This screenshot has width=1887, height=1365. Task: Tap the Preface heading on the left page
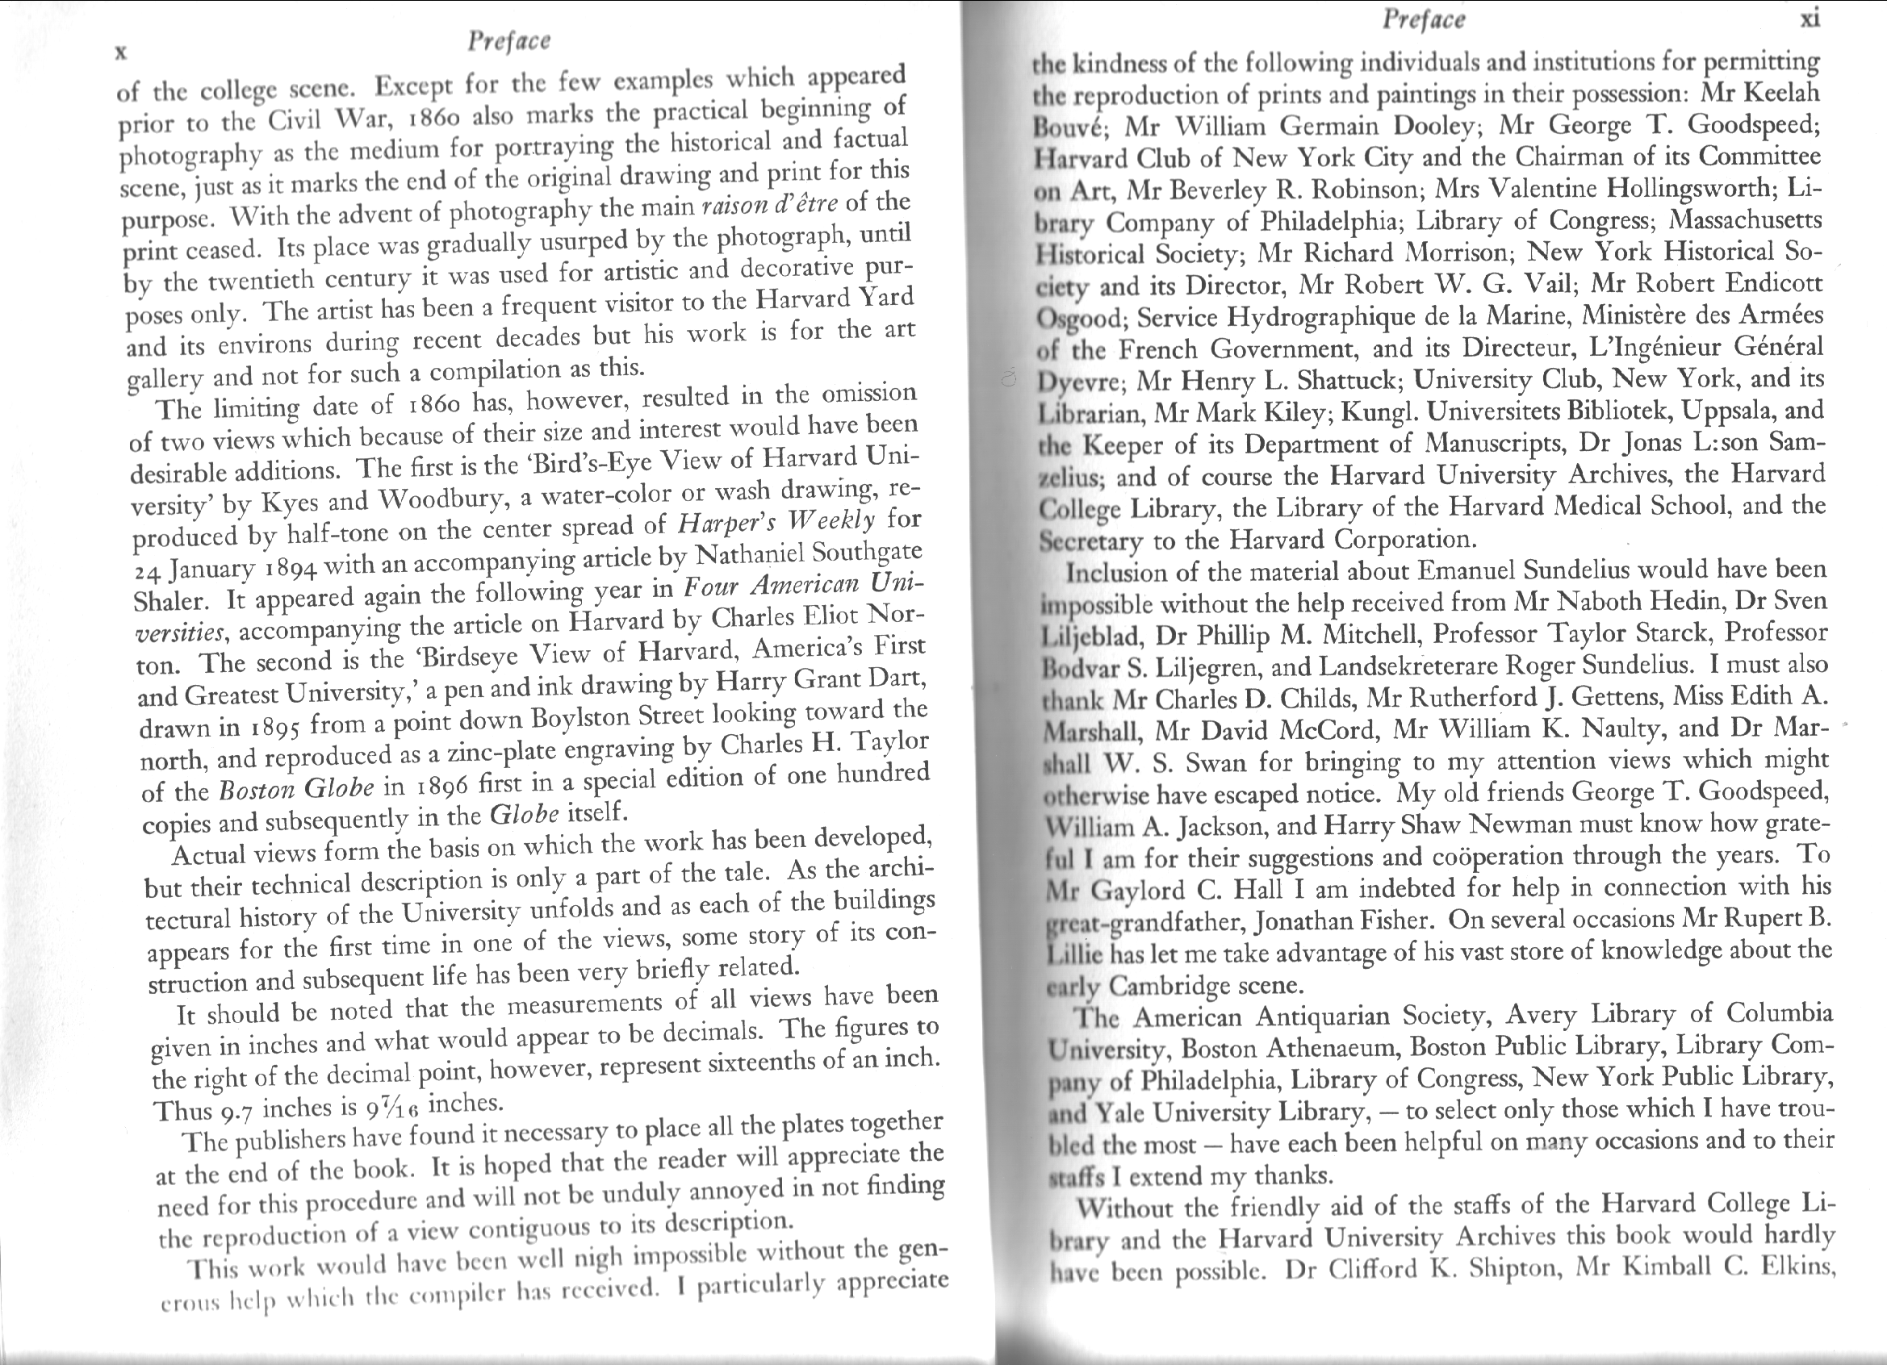pyautogui.click(x=509, y=41)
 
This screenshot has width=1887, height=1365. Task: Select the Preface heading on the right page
pyautogui.click(x=1424, y=19)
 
